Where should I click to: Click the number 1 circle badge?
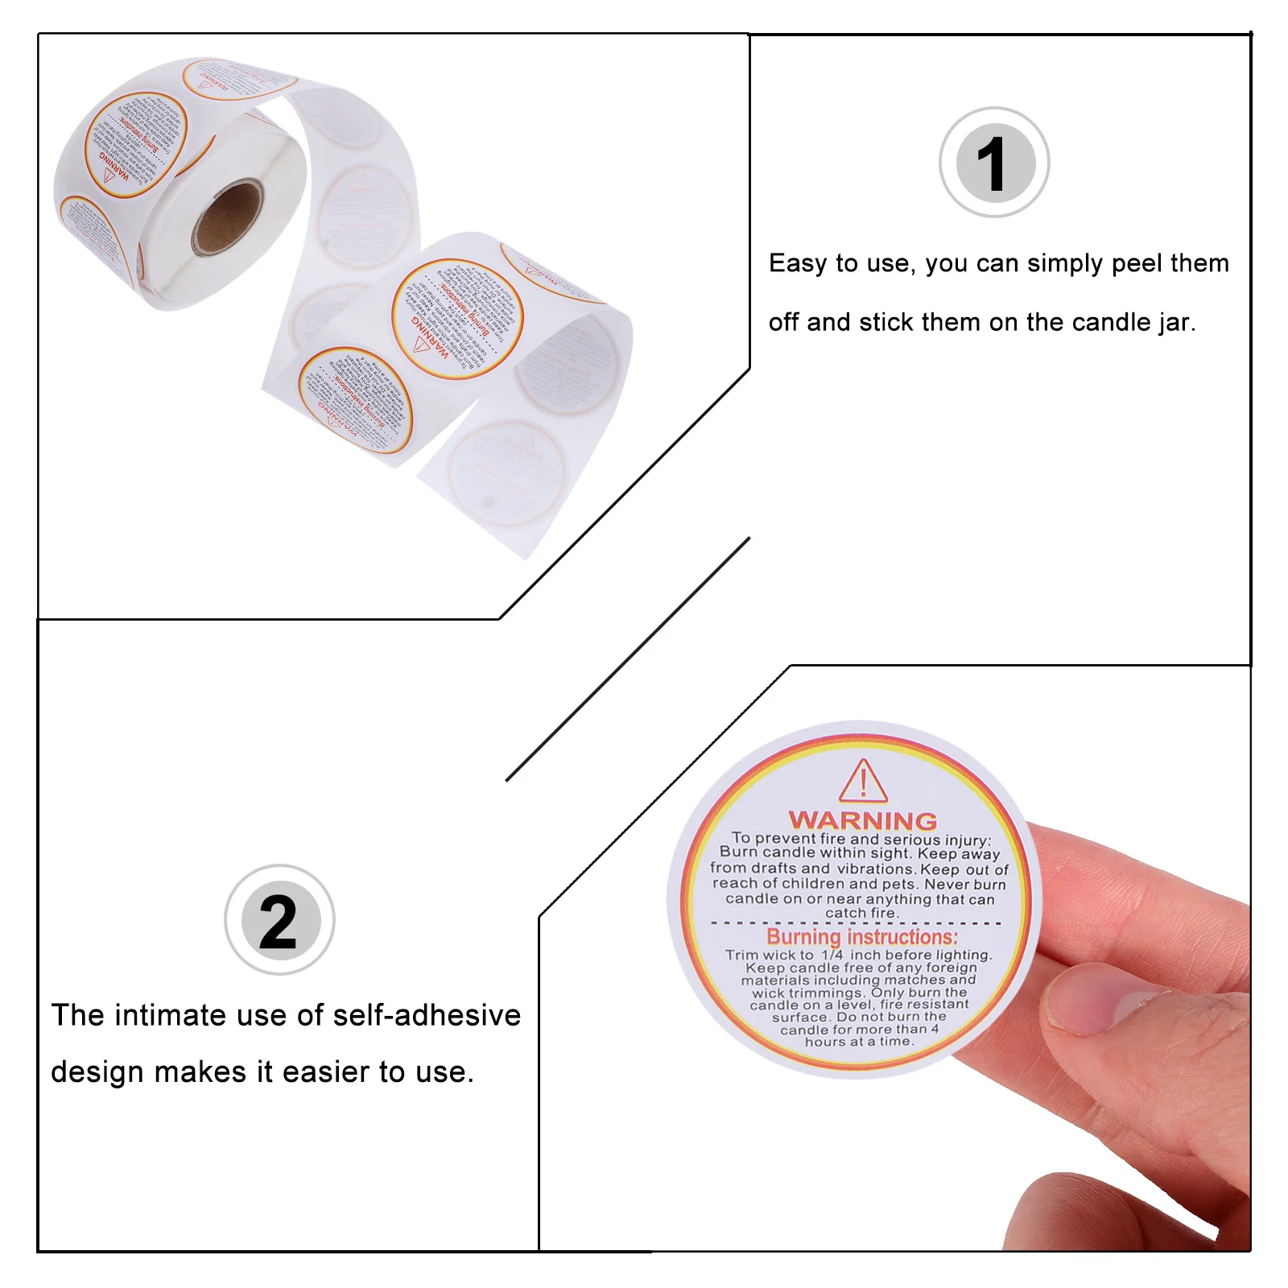(995, 163)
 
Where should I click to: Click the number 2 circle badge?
(279, 920)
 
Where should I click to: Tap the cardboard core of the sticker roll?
(228, 218)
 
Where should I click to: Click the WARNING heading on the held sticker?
(863, 820)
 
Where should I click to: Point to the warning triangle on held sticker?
(863, 782)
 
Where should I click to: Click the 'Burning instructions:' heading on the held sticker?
(862, 937)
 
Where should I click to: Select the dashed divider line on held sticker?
(857, 923)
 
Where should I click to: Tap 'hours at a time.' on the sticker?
(859, 1042)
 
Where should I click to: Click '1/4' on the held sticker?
(832, 955)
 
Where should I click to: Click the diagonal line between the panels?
(628, 659)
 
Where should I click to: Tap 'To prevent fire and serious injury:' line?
(861, 839)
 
